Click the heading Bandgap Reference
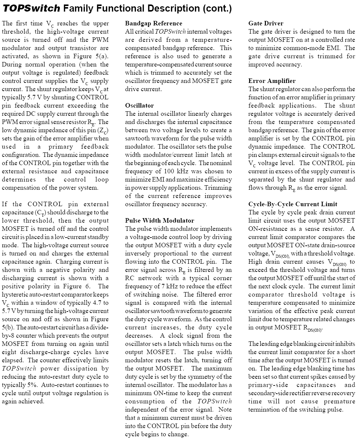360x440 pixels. point(153,24)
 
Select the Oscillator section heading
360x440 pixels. point(139,106)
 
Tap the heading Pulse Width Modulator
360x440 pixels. point(159,221)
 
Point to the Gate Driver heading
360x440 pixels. point(266,24)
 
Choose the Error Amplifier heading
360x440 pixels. point(271,81)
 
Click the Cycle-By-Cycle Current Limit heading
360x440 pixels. point(292,204)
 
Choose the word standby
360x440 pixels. point(98,237)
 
